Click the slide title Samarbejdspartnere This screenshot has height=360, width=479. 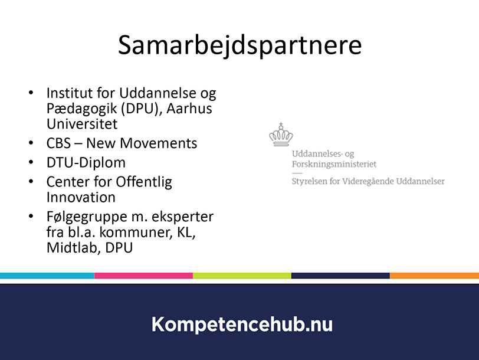[x=240, y=46]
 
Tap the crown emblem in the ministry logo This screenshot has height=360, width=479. [x=281, y=135]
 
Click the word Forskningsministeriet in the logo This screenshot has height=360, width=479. [x=334, y=165]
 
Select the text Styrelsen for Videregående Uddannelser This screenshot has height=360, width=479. [x=368, y=181]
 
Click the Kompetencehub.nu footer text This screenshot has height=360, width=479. [x=242, y=324]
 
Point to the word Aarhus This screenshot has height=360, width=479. [x=189, y=108]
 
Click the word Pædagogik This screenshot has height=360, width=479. [x=82, y=109]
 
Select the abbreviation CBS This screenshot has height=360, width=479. [x=58, y=143]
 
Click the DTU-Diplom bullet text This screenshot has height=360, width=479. [x=86, y=162]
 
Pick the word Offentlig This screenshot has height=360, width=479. [x=143, y=182]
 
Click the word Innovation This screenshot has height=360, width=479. [x=81, y=198]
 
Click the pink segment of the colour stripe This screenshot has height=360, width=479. [x=143, y=276]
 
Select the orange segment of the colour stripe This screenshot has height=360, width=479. [x=434, y=276]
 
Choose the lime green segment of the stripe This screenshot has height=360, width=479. [x=242, y=276]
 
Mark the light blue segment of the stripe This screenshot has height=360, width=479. [x=47, y=276]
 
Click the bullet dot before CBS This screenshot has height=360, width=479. [x=31, y=143]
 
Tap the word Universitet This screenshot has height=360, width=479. [x=82, y=124]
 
